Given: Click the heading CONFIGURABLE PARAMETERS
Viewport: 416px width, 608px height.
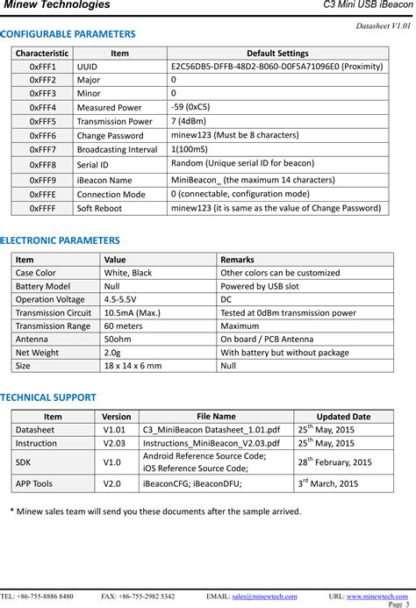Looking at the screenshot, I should point(68,34).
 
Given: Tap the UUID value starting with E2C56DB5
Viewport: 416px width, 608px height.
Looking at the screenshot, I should point(276,66).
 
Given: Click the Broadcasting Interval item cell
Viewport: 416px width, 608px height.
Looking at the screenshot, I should point(117,150).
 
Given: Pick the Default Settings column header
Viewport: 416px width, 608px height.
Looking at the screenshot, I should point(277,53).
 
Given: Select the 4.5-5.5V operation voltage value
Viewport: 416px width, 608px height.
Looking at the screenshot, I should point(123,299).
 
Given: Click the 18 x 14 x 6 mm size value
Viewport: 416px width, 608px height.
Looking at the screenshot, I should point(133,365).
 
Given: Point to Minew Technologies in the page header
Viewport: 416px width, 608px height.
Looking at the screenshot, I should point(58,5).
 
